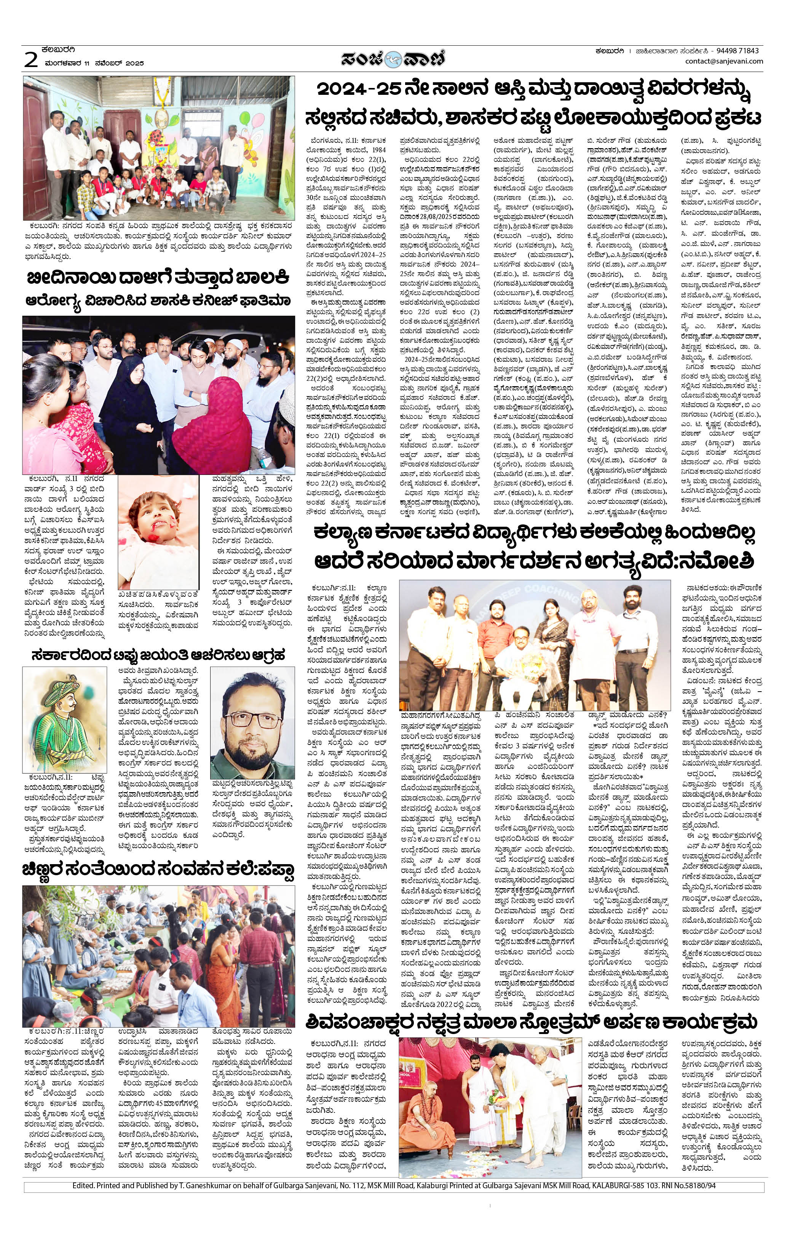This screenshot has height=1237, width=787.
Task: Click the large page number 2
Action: point(31,60)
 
